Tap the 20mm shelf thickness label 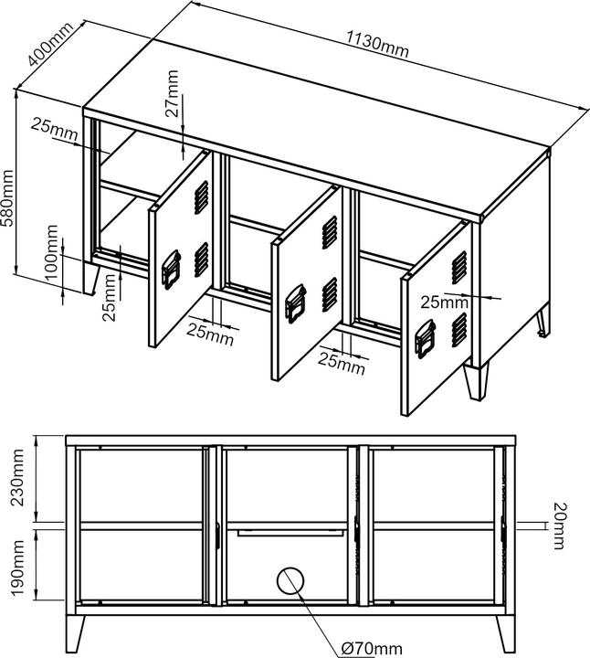(558, 526)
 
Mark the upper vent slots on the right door (459, 265)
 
